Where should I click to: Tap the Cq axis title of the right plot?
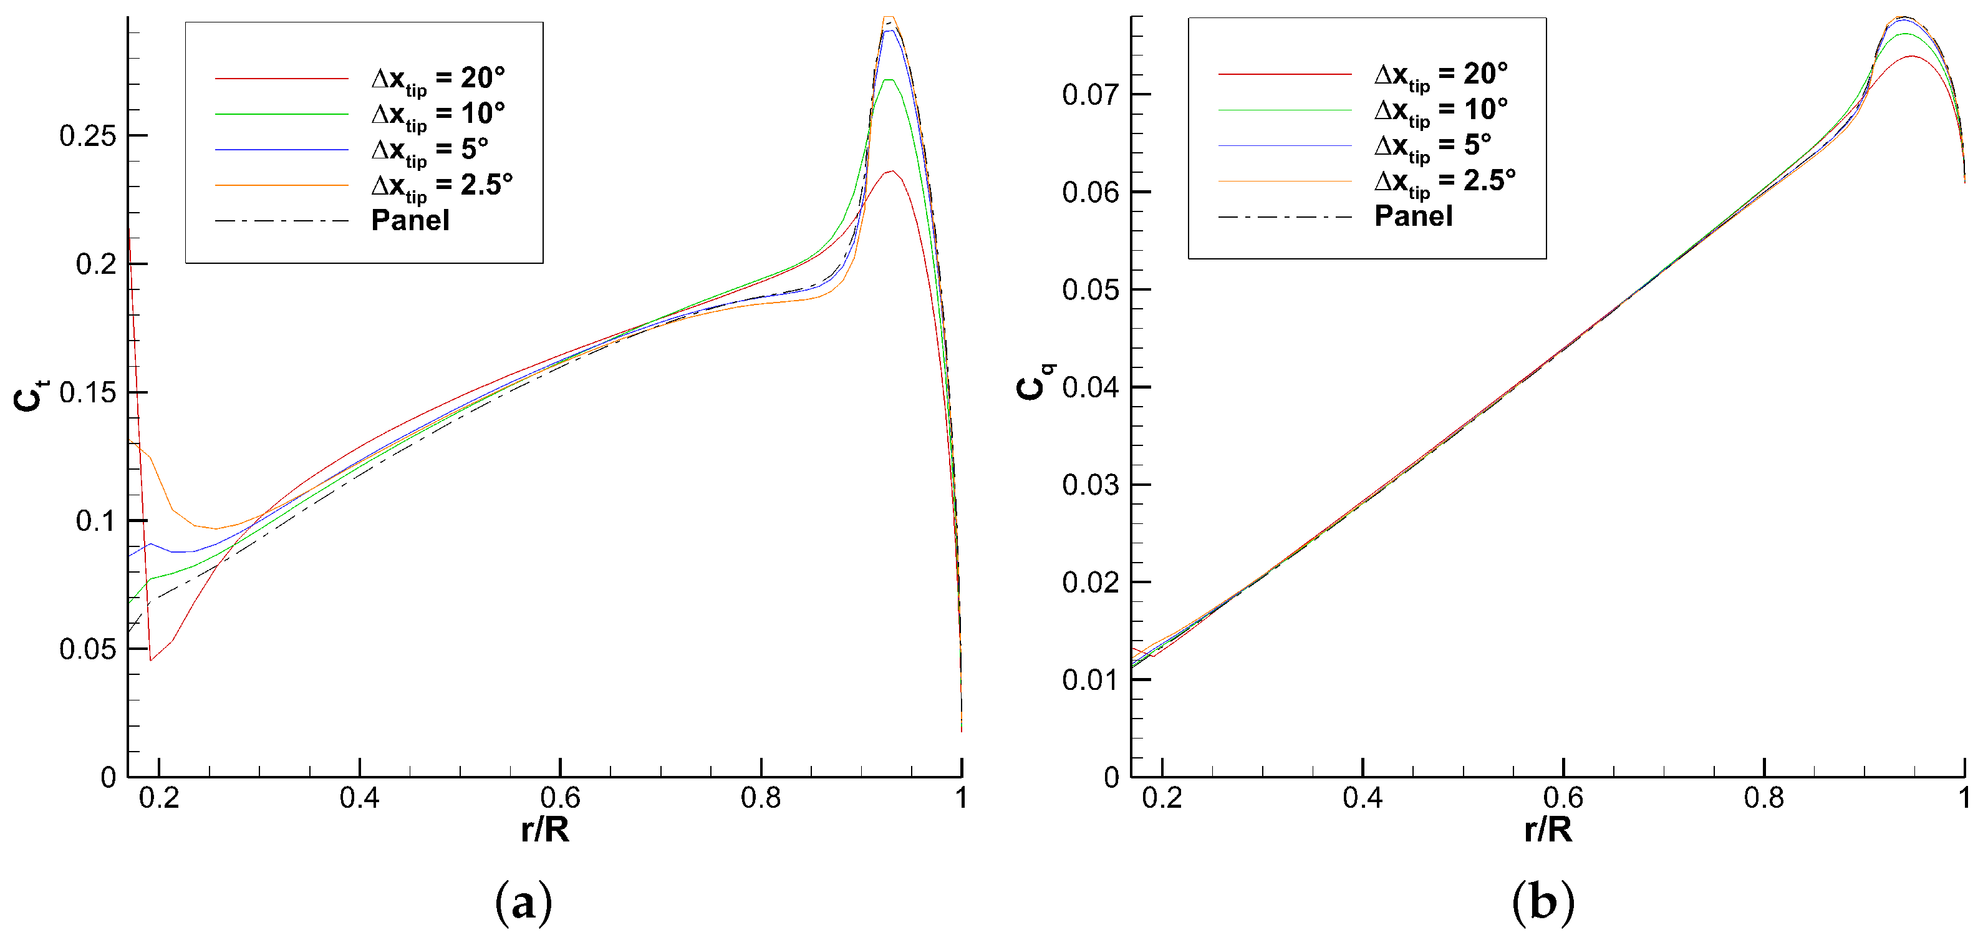(1034, 381)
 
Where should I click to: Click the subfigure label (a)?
(523, 901)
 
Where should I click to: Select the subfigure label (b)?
(1543, 901)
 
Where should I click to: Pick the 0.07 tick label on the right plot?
(1090, 95)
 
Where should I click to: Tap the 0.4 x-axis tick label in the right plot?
(1363, 798)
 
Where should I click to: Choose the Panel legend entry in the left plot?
(410, 221)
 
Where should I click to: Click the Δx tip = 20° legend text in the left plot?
(437, 79)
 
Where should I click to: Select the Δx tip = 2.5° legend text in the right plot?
(1444, 181)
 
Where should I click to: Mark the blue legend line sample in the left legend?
(282, 149)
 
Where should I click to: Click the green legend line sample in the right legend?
(1285, 110)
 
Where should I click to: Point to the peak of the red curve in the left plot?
(892, 171)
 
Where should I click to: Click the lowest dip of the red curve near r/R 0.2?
(151, 660)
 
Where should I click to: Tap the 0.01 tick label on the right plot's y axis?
(1090, 680)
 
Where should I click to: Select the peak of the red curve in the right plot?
(1911, 56)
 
